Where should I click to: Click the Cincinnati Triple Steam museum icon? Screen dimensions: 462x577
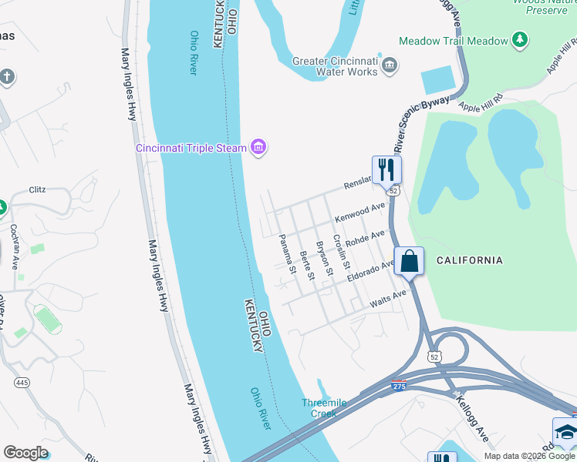pos(258,148)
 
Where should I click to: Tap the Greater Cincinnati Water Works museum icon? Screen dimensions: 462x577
pos(390,65)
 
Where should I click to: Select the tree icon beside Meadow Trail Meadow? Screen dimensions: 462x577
pos(521,40)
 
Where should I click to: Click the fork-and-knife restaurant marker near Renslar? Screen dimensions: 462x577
pos(386,169)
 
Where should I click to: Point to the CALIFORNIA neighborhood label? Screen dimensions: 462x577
pos(469,260)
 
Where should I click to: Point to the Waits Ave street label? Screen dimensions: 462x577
pos(388,298)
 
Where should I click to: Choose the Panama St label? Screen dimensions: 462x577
pos(287,254)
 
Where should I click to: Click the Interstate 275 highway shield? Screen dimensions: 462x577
pos(399,386)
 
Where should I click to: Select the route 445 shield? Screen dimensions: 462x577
pos(21,382)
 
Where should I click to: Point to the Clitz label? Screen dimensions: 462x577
pos(38,189)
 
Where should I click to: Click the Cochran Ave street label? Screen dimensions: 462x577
pos(14,246)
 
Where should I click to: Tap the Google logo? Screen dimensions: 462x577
pos(26,453)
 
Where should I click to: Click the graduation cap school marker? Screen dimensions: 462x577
pos(565,432)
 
